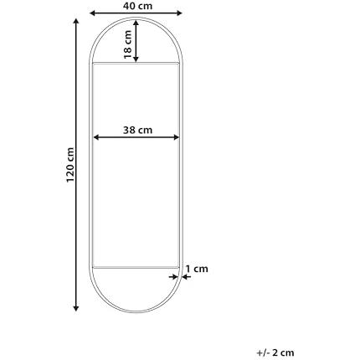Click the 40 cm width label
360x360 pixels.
(137, 6)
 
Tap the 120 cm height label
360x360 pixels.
(70, 165)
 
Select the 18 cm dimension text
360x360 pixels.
(127, 44)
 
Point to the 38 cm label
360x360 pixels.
(137, 130)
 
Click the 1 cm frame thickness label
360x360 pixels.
(197, 269)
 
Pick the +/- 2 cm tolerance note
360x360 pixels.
(275, 352)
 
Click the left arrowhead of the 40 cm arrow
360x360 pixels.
(93, 13)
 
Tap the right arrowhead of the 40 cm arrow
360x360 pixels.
(179, 13)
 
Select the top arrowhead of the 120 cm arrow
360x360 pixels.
(76, 22)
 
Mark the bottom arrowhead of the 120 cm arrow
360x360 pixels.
(76, 308)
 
